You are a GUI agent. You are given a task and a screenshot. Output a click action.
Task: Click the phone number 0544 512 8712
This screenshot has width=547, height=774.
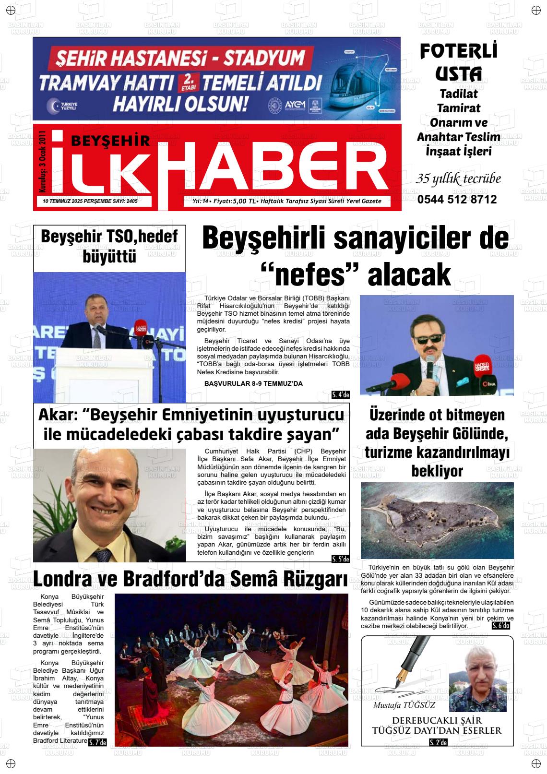(x=457, y=200)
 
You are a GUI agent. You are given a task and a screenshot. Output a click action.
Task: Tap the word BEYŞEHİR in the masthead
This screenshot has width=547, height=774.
(x=110, y=141)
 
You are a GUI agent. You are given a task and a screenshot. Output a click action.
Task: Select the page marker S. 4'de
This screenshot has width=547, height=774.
(x=341, y=395)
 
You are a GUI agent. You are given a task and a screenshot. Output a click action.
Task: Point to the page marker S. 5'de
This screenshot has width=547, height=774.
(x=341, y=559)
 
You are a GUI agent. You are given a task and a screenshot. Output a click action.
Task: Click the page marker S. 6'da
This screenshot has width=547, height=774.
(x=501, y=626)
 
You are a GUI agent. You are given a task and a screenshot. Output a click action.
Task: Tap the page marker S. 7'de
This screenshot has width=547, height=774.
(x=97, y=742)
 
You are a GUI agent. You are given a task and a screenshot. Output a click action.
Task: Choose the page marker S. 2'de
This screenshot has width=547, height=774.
(x=438, y=742)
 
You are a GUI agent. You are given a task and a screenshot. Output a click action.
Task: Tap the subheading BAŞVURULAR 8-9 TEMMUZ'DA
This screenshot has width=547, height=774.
(x=253, y=383)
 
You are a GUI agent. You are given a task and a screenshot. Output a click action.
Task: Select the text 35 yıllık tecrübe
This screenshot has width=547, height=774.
(x=458, y=179)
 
